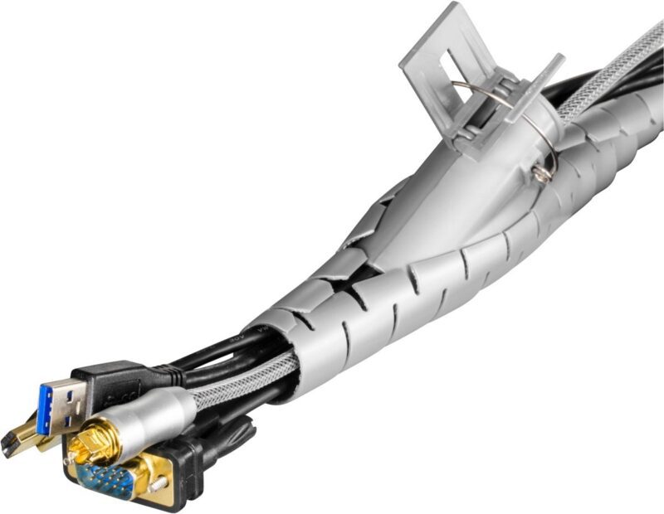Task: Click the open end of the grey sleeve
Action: pyautogui.click(x=274, y=348)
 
